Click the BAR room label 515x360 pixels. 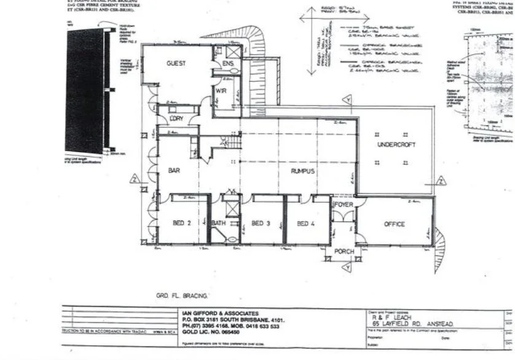pyautogui.click(x=174, y=171)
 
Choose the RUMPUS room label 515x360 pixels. pyautogui.click(x=304, y=171)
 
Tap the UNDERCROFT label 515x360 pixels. pyautogui.click(x=396, y=144)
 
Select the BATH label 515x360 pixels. pyautogui.click(x=219, y=224)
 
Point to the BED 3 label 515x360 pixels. pyautogui.click(x=261, y=224)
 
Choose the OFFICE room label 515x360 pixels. pyautogui.click(x=394, y=224)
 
